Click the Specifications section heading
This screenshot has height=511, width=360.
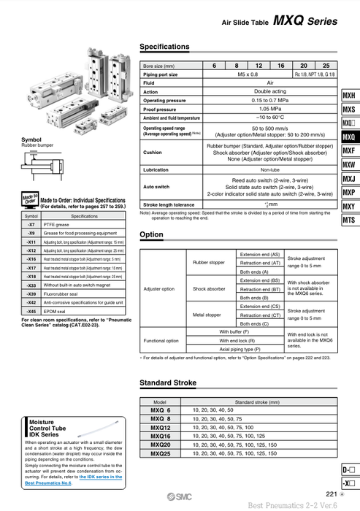(x=164, y=47)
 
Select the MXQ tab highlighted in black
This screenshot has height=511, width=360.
(x=349, y=137)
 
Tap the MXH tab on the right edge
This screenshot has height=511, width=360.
(x=349, y=96)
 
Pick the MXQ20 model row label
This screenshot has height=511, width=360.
(x=161, y=445)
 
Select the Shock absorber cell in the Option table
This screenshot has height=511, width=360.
(x=209, y=289)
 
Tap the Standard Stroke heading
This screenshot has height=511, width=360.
(x=169, y=383)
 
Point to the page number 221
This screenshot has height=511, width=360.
(x=331, y=494)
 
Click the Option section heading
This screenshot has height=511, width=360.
(x=151, y=234)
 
